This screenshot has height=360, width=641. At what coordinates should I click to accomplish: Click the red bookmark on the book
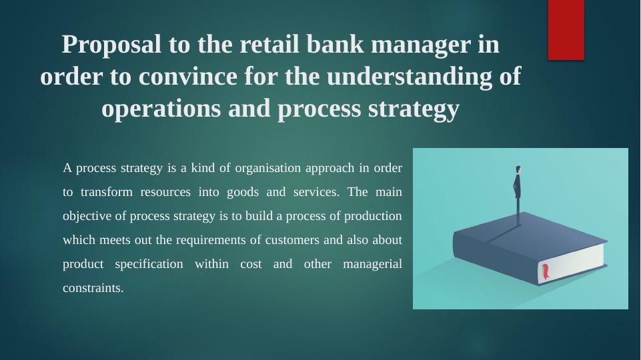546,271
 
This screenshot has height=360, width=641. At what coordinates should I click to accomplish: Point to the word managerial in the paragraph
372,264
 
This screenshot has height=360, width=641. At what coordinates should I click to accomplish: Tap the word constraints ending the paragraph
93,289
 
